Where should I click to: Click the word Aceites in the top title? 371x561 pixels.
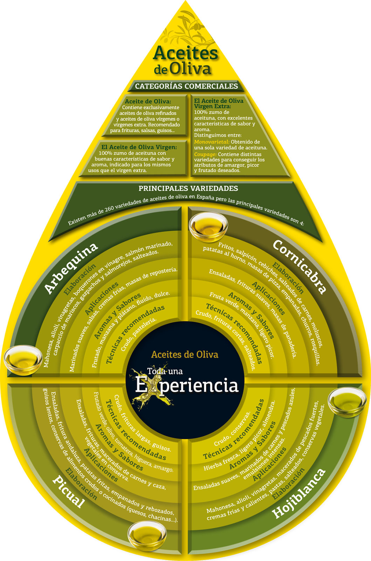[x=185, y=53]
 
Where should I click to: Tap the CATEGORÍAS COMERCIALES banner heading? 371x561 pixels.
[x=186, y=86]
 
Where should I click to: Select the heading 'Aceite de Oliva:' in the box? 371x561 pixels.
[x=148, y=101]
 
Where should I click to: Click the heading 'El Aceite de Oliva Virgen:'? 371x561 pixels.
[x=139, y=147]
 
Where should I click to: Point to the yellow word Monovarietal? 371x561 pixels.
[x=212, y=142]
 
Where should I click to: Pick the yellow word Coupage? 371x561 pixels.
[x=205, y=154]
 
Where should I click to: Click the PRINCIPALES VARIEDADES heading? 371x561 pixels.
[x=188, y=188]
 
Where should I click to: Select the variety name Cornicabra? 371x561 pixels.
[x=300, y=266]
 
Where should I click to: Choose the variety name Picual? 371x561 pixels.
[x=69, y=491]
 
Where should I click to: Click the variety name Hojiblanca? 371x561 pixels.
[x=299, y=493]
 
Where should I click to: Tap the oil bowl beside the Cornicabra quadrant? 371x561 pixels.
[x=208, y=227]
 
